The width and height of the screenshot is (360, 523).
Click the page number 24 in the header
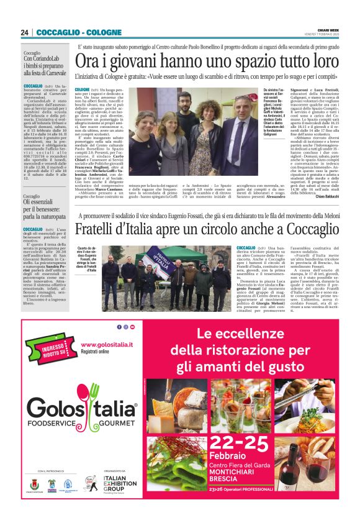pyautogui.click(x=24, y=32)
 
